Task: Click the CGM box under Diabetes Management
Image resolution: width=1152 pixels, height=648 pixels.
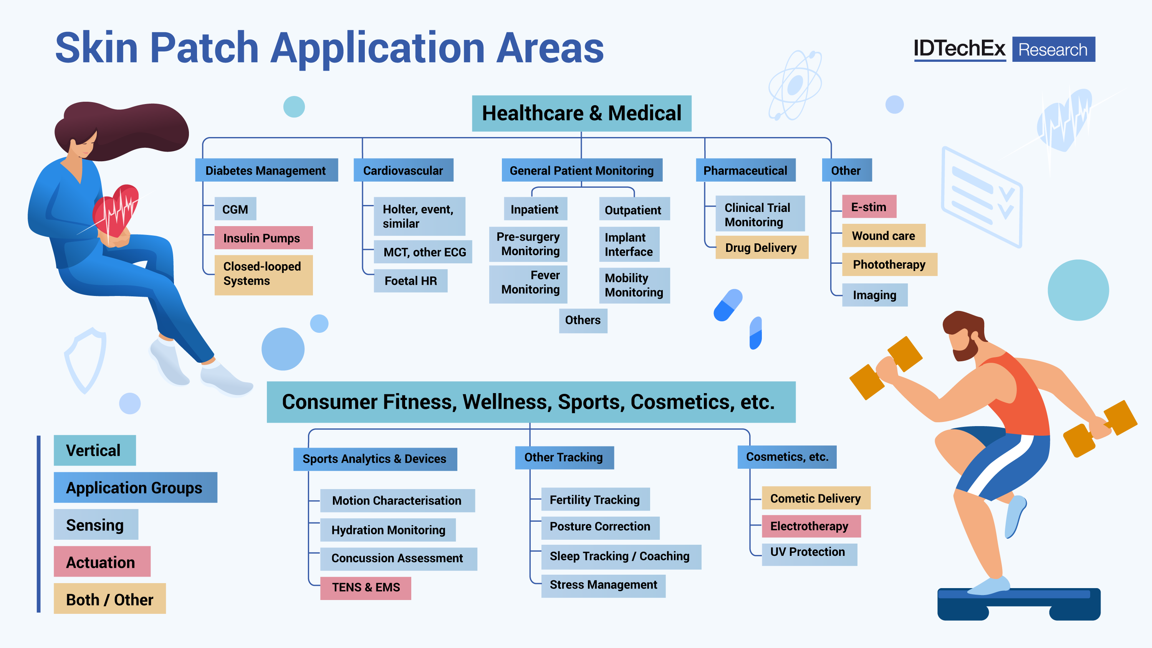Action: pyautogui.click(x=235, y=209)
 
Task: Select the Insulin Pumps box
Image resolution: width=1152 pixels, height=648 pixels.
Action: pyautogui.click(x=263, y=238)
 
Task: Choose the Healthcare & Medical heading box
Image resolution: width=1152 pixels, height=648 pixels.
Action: pyautogui.click(x=581, y=113)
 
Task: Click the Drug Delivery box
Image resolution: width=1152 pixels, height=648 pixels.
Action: pyautogui.click(x=761, y=247)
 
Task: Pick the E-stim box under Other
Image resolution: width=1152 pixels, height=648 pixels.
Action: pyautogui.click(x=869, y=207)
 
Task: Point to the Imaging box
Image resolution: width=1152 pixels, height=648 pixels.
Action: pyautogui.click(x=874, y=295)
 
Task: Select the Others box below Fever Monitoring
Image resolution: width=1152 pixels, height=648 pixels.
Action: pyautogui.click(x=583, y=320)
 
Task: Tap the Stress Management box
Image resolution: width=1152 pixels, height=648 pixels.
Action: pyautogui.click(x=603, y=585)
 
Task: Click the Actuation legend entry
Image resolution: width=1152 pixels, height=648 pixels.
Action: pyautogui.click(x=101, y=562)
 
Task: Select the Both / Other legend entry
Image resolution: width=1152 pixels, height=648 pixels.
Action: pyautogui.click(x=109, y=599)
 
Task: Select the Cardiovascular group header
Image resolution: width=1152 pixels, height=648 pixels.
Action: pyautogui.click(x=403, y=170)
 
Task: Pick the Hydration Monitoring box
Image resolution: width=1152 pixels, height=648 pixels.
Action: pyautogui.click(x=388, y=530)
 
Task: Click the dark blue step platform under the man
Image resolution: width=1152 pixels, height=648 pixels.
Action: pyautogui.click(x=1018, y=604)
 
